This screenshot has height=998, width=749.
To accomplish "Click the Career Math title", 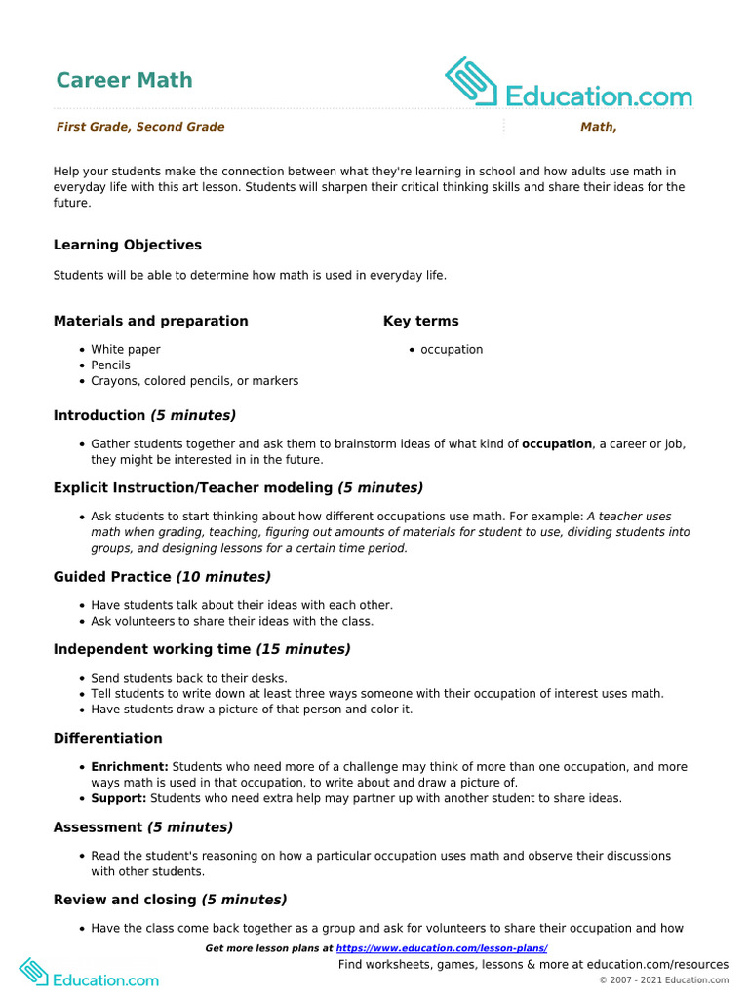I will pos(124,80).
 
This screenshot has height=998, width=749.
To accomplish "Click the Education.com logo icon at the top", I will pos(471,81).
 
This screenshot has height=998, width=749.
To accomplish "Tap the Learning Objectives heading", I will pos(128,245).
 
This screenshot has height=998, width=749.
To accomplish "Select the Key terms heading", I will pos(420,321).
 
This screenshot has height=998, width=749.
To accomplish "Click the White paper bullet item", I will pos(126,350).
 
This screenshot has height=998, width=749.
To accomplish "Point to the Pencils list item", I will pos(110,365).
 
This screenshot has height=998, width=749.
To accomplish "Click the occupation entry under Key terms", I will pos(452,350).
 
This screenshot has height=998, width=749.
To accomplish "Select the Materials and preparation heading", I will pos(151,321).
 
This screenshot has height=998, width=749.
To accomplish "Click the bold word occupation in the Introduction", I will pos(557,444).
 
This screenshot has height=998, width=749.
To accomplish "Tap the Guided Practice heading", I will pos(113,577).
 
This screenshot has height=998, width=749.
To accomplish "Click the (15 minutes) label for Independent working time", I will pos(303,649).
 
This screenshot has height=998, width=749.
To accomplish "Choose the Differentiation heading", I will pos(108,738).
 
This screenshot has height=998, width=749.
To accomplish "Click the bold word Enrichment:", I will pos(130,767).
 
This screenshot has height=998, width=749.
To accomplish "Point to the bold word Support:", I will pos(119,798).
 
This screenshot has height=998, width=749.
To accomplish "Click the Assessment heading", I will pos(98,827).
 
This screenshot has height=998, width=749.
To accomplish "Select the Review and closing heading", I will pos(125,900).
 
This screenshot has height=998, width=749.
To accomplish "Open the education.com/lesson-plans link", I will pos(442,948).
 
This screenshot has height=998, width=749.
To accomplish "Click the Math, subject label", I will pos(598,127).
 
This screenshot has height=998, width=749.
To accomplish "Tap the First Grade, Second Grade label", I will pos(140,127).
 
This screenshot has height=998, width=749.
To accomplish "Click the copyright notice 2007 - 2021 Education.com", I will pos(663,979).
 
